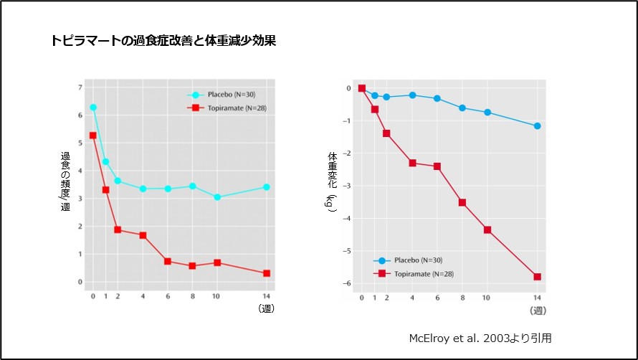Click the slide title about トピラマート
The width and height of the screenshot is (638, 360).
click(x=163, y=41)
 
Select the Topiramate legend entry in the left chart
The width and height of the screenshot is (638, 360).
click(x=222, y=108)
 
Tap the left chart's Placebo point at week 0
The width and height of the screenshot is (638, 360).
click(x=92, y=108)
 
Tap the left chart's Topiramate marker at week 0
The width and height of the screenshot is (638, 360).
click(x=92, y=136)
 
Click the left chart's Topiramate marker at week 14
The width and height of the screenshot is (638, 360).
click(x=267, y=273)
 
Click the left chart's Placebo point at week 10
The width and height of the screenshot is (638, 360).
click(x=217, y=196)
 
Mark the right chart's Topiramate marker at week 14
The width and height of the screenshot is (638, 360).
click(x=537, y=277)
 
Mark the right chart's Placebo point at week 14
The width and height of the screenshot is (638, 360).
click(x=537, y=126)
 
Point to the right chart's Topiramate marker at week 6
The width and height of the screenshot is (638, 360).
click(x=437, y=166)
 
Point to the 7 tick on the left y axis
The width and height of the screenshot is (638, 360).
click(x=80, y=87)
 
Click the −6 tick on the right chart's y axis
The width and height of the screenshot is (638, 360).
click(x=348, y=283)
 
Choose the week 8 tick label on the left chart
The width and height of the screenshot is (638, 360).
click(x=192, y=295)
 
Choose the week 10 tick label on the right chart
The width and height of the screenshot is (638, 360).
click(x=486, y=298)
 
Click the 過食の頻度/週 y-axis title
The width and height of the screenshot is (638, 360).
click(x=65, y=181)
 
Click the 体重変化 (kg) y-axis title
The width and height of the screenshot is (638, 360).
click(x=332, y=181)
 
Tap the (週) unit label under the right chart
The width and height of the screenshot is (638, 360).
click(x=538, y=311)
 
